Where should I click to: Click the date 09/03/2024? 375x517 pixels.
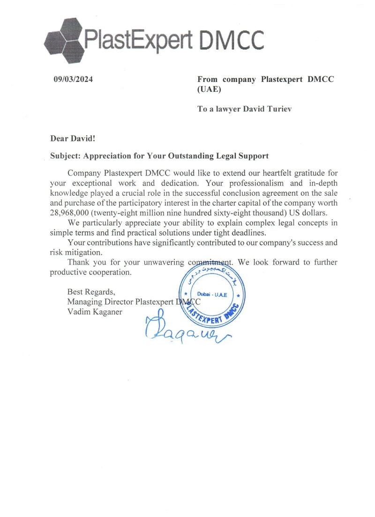pyautogui.click(x=74, y=79)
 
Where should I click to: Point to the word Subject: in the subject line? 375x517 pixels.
pyautogui.click(x=65, y=155)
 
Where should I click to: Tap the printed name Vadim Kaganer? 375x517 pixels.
pyautogui.click(x=95, y=312)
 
